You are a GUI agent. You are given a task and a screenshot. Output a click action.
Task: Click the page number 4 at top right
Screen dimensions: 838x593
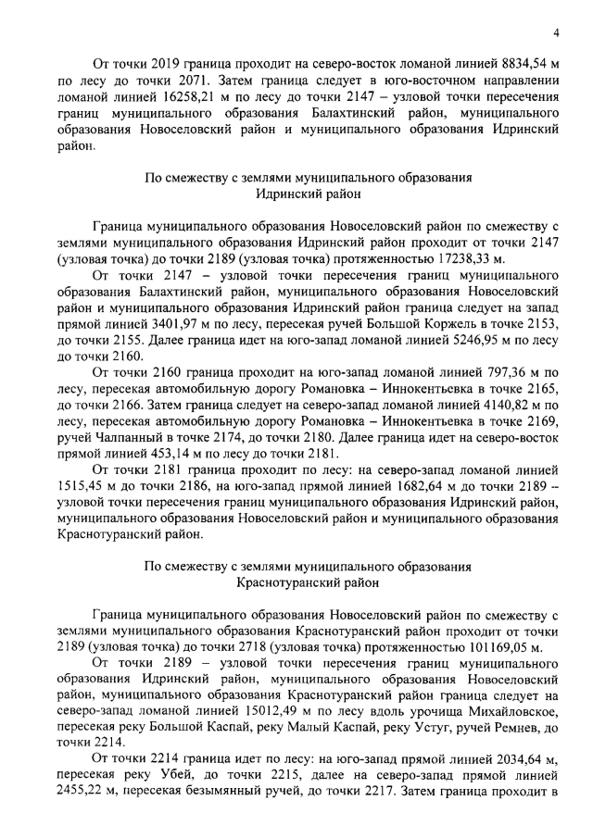(555, 32)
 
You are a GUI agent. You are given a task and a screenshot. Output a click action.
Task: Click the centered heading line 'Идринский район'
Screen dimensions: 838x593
(309, 194)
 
